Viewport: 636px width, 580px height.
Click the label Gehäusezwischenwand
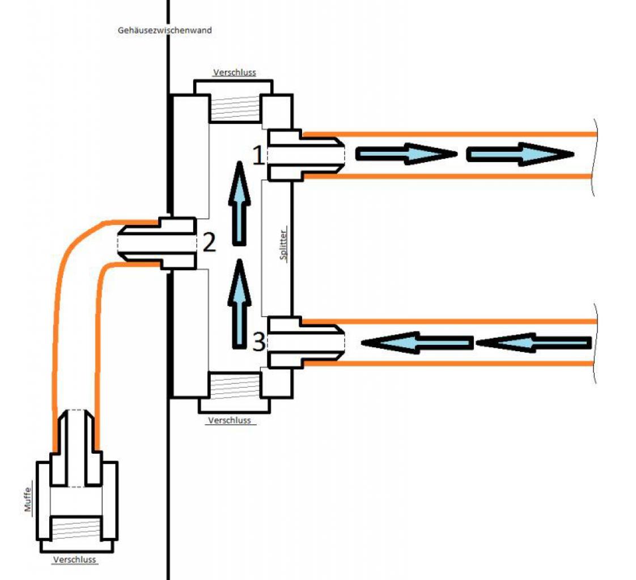[x=165, y=31]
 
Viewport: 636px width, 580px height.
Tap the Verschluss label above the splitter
[x=235, y=72]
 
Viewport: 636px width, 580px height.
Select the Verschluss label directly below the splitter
[x=230, y=420]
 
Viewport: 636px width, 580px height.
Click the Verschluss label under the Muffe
[x=75, y=560]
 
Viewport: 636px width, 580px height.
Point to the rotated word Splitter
[x=283, y=245]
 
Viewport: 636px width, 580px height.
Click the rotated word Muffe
[x=27, y=500]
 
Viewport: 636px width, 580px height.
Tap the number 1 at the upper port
[x=258, y=156]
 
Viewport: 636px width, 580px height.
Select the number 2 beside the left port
[x=209, y=242]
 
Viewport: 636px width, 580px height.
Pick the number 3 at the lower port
[x=259, y=342]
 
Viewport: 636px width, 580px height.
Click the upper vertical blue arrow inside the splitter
[x=239, y=203]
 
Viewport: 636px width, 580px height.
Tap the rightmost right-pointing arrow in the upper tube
[x=520, y=154]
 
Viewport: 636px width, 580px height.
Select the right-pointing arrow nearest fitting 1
[x=406, y=154]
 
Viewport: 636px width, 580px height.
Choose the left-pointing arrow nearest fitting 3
[x=417, y=343]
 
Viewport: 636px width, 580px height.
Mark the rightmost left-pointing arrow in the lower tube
[x=533, y=343]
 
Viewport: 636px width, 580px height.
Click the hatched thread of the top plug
[x=235, y=108]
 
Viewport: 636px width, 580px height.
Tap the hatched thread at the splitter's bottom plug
[x=234, y=386]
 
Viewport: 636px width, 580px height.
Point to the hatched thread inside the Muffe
[x=75, y=528]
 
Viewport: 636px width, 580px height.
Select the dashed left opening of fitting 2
[x=118, y=243]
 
